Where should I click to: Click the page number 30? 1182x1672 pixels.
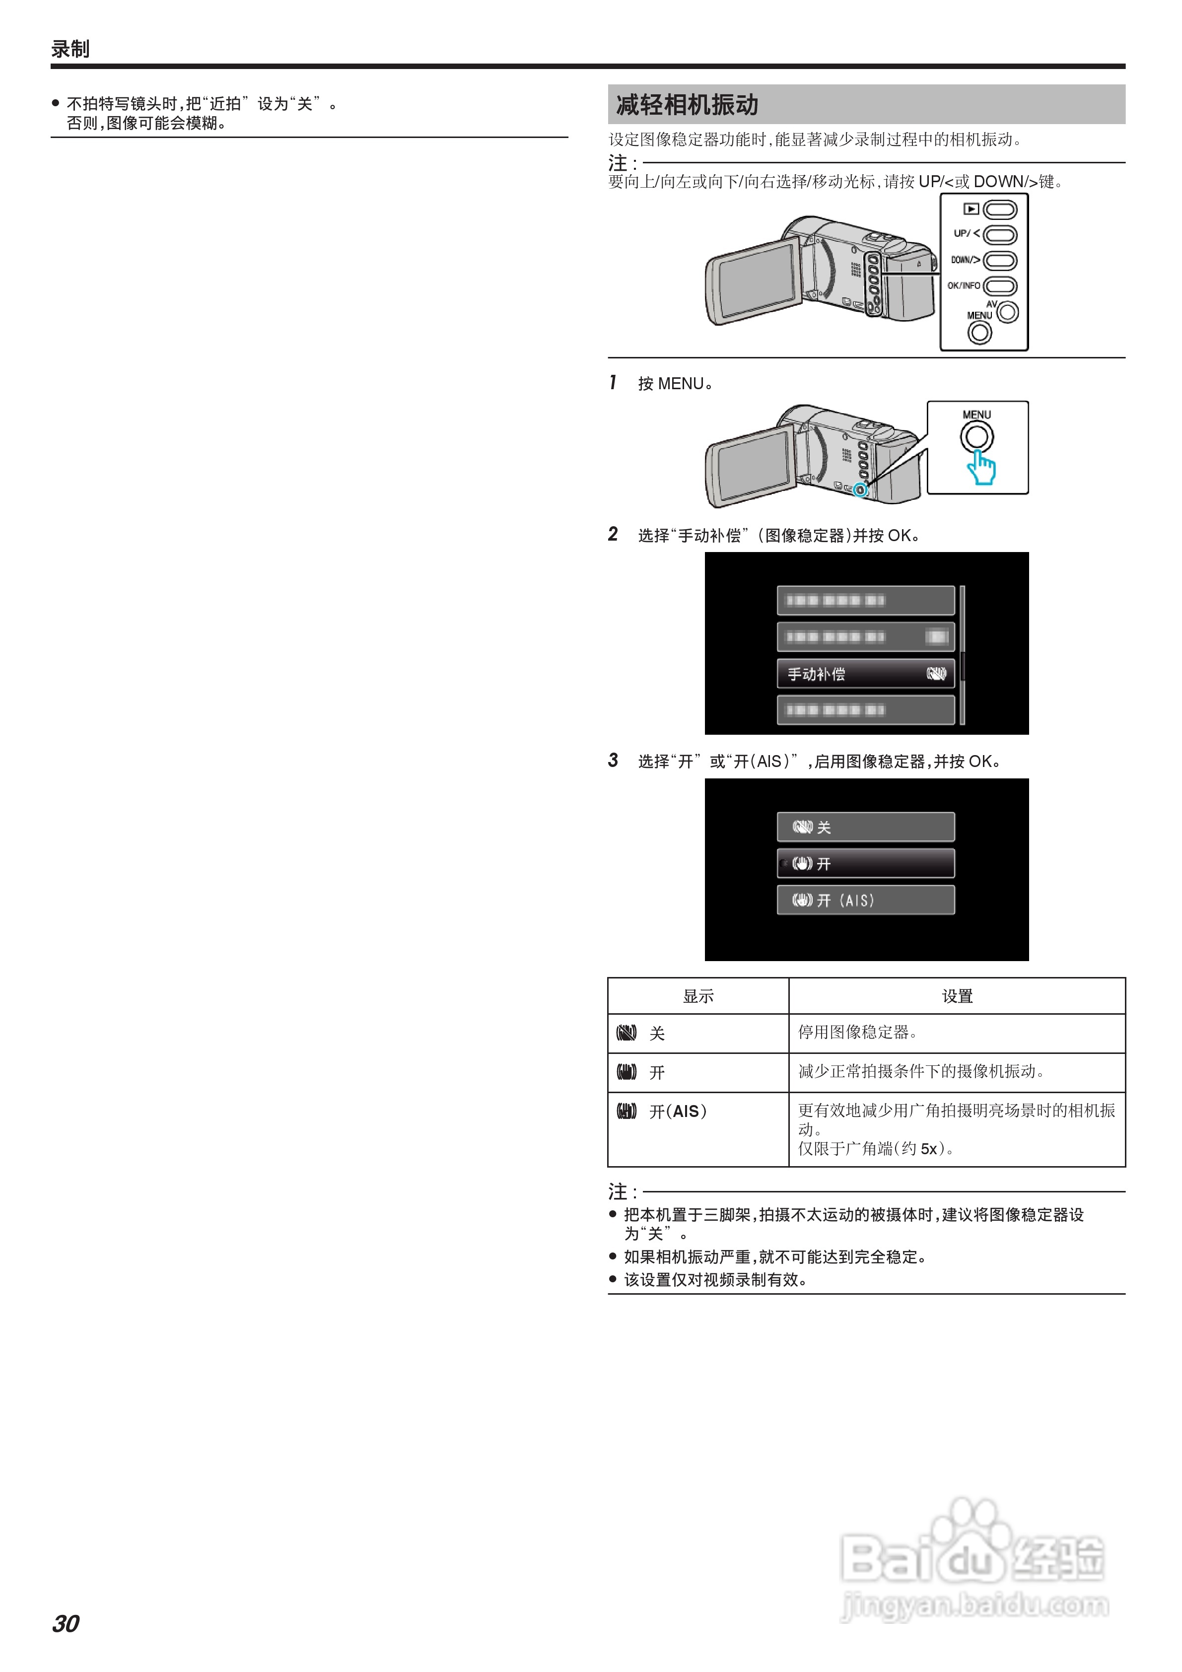point(66,1623)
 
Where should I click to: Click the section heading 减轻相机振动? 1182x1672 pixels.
point(687,105)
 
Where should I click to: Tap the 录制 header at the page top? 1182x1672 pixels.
point(70,49)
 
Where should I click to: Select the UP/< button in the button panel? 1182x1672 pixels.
point(1000,234)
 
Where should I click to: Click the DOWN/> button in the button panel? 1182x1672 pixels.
point(1000,260)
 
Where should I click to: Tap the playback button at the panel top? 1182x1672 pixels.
point(1000,209)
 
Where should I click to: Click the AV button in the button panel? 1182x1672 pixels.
point(1008,312)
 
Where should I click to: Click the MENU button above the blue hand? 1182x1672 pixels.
point(976,437)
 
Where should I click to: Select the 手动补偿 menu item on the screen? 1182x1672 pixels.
point(865,674)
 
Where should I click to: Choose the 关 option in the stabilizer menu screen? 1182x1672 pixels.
point(865,827)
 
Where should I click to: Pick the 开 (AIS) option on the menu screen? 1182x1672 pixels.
point(865,900)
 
